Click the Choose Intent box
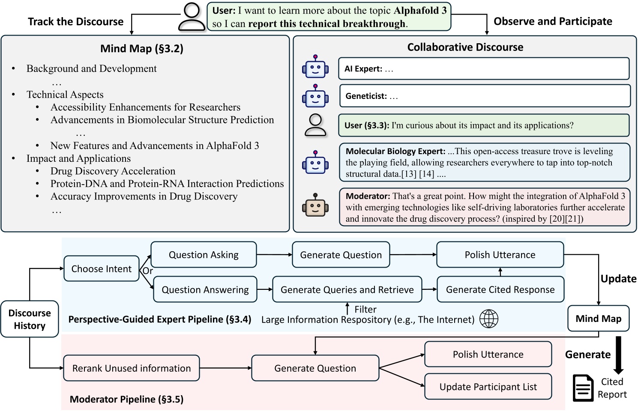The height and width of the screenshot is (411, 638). pyautogui.click(x=102, y=269)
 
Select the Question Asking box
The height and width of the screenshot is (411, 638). pyautogui.click(x=204, y=255)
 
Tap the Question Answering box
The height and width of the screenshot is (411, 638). pyautogui.click(x=205, y=290)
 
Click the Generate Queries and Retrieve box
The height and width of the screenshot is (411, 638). pyautogui.click(x=347, y=290)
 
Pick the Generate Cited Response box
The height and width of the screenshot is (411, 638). pyautogui.click(x=500, y=290)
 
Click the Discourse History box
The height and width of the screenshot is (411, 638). pyautogui.click(x=30, y=319)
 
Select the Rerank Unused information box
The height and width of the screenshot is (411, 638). pyautogui.click(x=131, y=368)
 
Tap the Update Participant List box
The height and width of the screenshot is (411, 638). pyautogui.click(x=488, y=387)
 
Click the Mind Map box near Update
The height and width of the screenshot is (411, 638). pyautogui.click(x=598, y=319)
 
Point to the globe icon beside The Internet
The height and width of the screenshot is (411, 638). pyautogui.click(x=489, y=319)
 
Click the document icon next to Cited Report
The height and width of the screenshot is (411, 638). pyautogui.click(x=583, y=388)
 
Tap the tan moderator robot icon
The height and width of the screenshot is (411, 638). pyautogui.click(x=315, y=205)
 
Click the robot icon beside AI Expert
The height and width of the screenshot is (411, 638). pyautogui.click(x=315, y=67)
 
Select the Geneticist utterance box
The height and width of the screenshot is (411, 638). pyautogui.click(x=485, y=96)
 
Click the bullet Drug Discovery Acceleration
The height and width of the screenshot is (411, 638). pyautogui.click(x=113, y=171)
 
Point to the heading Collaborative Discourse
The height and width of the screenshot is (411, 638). pyautogui.click(x=465, y=47)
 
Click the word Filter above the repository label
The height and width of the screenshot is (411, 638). pyautogui.click(x=365, y=309)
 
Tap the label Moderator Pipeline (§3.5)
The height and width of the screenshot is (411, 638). pyautogui.click(x=126, y=399)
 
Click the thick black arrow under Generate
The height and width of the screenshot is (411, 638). pyautogui.click(x=618, y=355)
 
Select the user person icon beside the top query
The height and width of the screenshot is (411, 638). pyautogui.click(x=192, y=17)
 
